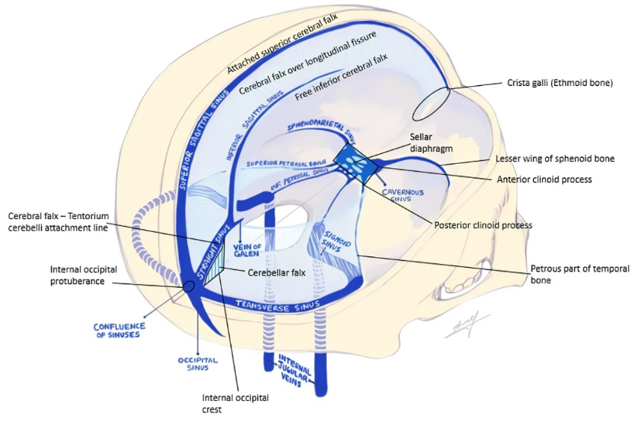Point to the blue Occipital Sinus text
(x=198, y=364)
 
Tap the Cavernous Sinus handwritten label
(x=404, y=195)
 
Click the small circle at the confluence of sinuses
(x=185, y=286)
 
